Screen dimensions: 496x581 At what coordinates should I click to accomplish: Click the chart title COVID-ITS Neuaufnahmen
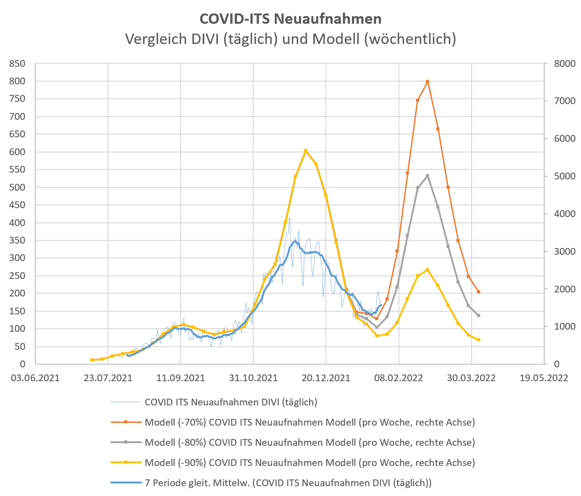[290, 18]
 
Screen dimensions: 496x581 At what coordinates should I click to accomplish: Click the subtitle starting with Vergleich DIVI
[290, 39]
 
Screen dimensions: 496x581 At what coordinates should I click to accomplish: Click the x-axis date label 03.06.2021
[36, 378]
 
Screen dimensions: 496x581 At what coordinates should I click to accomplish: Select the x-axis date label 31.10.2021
[253, 378]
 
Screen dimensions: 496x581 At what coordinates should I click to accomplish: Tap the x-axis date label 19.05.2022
[544, 378]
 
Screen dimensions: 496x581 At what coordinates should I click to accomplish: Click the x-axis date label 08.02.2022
[398, 378]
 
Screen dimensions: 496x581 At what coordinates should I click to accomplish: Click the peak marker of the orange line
[428, 82]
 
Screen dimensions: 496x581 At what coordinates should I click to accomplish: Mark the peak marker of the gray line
[428, 175]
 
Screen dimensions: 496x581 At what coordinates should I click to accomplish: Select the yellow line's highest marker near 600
[306, 151]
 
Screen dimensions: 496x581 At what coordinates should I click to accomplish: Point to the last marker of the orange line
[478, 292]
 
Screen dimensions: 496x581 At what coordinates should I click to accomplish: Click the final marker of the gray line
[478, 315]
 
